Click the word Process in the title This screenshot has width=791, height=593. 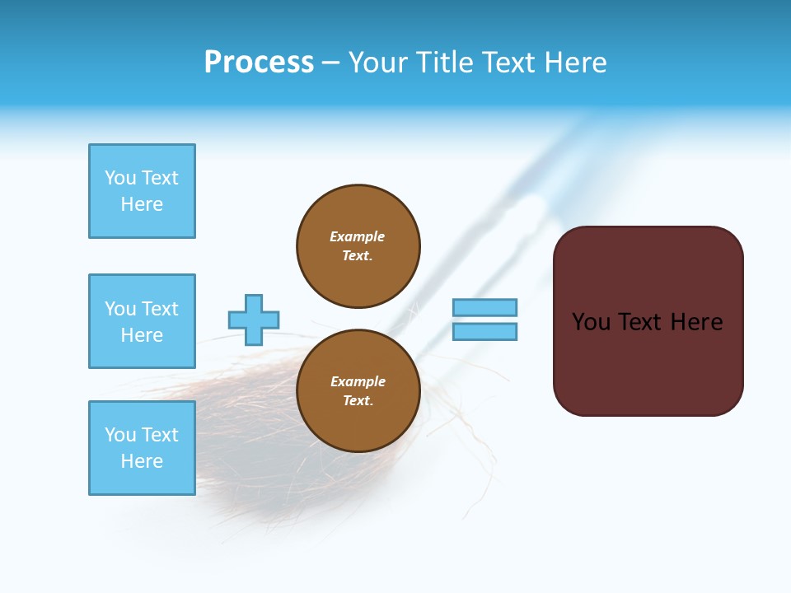click(x=259, y=63)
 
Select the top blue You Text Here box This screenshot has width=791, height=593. click(x=142, y=191)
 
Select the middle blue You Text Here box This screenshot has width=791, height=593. click(x=142, y=321)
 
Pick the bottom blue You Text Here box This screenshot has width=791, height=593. click(x=142, y=448)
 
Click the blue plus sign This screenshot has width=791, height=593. click(x=254, y=320)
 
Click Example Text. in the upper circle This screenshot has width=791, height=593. click(x=358, y=245)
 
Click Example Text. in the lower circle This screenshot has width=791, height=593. click(x=358, y=390)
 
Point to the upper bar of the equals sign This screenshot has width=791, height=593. click(x=484, y=307)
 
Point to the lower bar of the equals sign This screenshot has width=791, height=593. click(x=484, y=331)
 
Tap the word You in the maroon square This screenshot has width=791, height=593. click(x=591, y=322)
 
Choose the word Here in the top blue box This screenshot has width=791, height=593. click(x=142, y=204)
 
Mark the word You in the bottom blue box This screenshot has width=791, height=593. click(x=120, y=435)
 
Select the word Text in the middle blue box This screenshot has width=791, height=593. click(x=158, y=309)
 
